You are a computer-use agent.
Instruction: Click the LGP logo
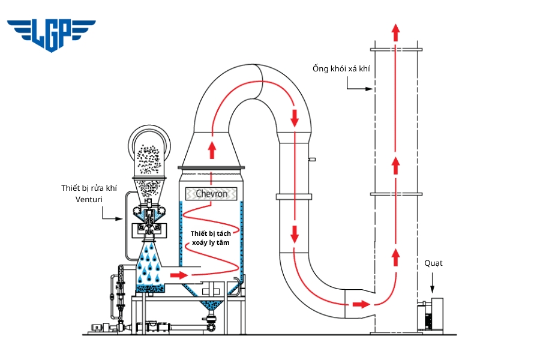pos(51,34)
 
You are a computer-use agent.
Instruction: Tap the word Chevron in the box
pos(211,194)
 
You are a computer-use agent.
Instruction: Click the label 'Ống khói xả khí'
pos(341,68)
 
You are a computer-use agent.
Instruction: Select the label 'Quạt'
pos(433,263)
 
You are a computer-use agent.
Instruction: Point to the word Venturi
pos(88,199)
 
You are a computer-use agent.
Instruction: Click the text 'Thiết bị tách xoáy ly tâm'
pos(211,238)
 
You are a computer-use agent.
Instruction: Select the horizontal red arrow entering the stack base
pos(361,304)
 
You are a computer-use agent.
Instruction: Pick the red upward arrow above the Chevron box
pos(212,149)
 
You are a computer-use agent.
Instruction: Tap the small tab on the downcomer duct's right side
pos(312,159)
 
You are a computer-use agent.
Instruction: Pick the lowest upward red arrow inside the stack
pos(395,257)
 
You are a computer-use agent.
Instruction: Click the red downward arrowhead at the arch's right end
pos(294,118)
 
